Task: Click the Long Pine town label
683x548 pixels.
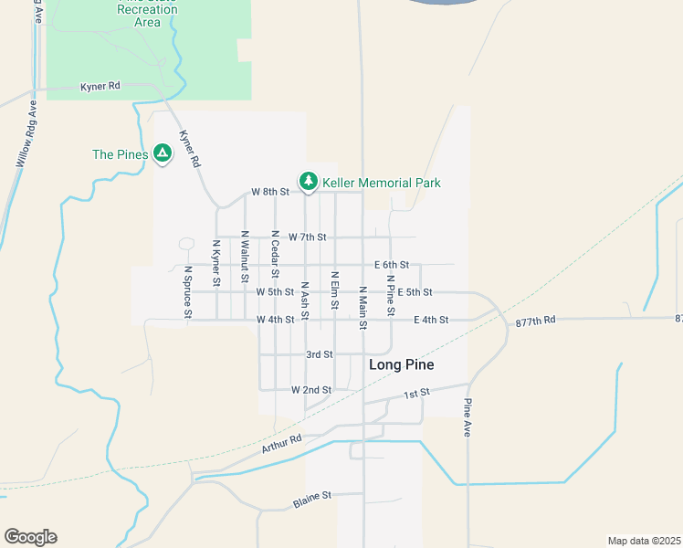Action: [x=401, y=364]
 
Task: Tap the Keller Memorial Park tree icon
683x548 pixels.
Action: [x=309, y=182]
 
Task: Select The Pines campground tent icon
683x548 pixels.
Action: [x=163, y=153]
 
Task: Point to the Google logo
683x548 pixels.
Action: [x=30, y=537]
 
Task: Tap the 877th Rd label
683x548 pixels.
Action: [x=535, y=321]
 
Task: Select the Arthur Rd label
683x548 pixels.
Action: [x=281, y=444]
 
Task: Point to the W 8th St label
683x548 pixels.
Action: [x=270, y=192]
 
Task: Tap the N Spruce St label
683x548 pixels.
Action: [x=188, y=292]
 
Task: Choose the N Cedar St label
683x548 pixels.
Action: [x=275, y=252]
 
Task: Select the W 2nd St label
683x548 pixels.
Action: [x=310, y=390]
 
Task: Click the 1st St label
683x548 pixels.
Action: [x=416, y=394]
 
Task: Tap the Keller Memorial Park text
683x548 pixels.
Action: [x=382, y=183]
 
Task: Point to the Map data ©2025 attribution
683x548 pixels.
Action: [x=643, y=540]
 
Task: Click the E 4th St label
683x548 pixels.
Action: [x=431, y=320]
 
